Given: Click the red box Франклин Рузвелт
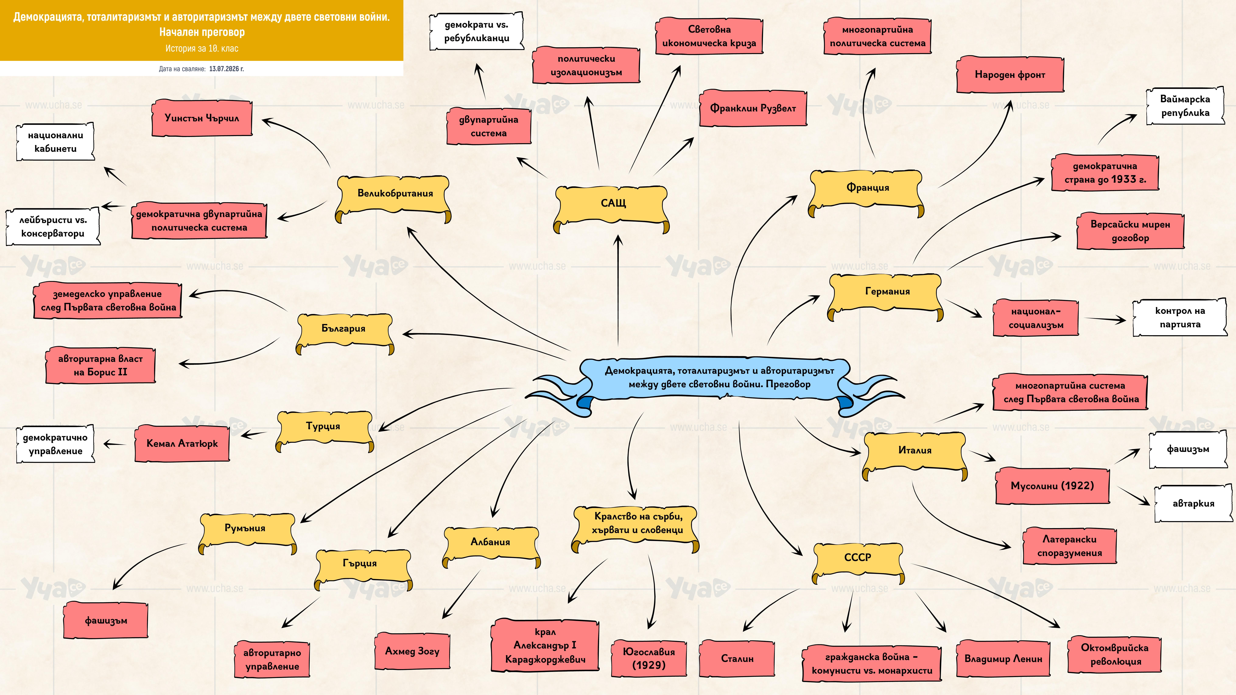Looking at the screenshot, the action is point(753,108).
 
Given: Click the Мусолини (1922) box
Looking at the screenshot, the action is point(1052,485).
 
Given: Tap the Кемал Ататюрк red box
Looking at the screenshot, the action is point(182,443).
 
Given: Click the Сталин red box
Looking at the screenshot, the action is point(737,658).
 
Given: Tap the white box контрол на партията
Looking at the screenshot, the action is point(1180,318).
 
